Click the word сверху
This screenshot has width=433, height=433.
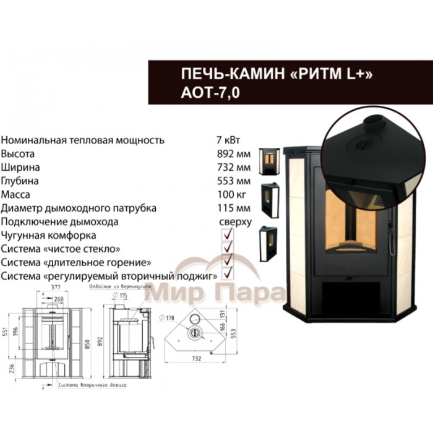235,221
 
